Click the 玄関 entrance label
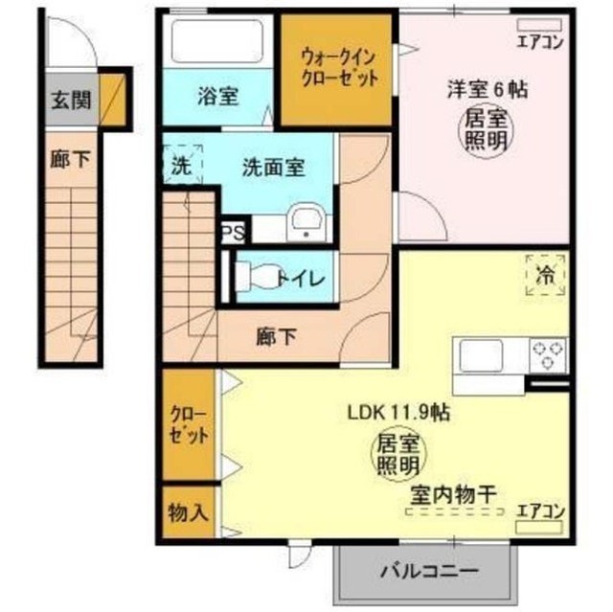71,100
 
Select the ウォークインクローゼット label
339,68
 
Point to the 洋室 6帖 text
488,89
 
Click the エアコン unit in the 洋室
539,26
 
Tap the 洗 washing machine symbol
182,165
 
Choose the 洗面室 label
273,168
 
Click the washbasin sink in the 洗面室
306,222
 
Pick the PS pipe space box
234,234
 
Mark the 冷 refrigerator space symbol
545,275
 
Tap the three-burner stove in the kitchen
548,355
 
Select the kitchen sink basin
481,355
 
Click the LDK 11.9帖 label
398,413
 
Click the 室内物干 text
453,495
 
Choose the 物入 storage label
188,511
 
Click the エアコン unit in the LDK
539,528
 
